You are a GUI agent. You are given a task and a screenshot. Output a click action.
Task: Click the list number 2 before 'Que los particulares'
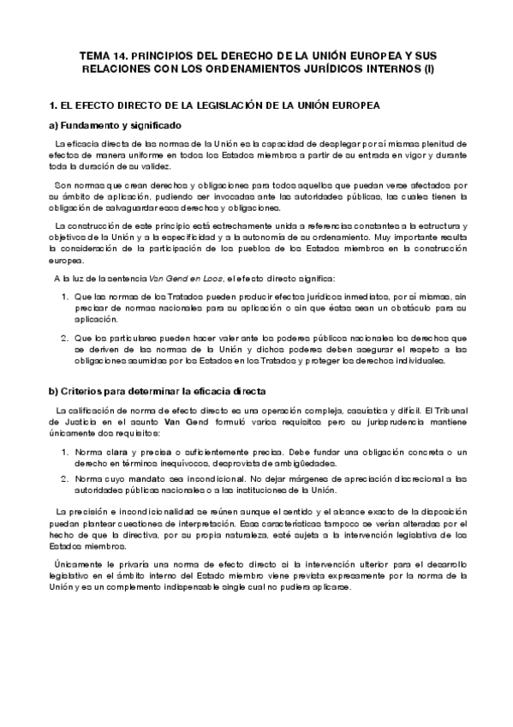tap(64, 337)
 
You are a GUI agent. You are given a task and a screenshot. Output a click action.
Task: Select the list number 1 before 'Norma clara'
tap(64, 451)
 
